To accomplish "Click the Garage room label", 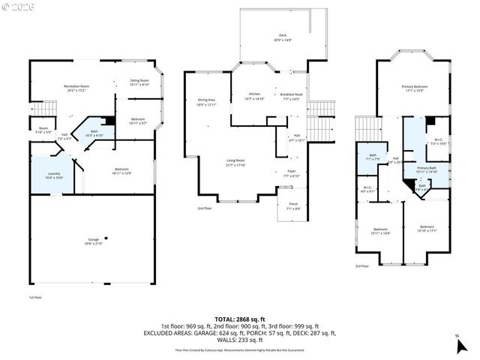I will [93, 241].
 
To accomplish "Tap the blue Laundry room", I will [53, 174].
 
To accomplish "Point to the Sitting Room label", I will [139, 82].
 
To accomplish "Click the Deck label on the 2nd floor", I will [283, 37].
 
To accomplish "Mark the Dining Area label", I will [206, 101].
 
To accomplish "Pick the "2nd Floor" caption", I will [204, 208].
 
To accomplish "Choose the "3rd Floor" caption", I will [361, 265].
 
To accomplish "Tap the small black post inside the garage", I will [105, 232].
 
